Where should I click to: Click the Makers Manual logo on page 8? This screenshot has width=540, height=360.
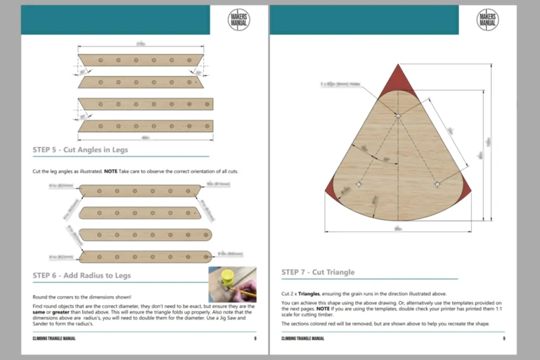[238, 20]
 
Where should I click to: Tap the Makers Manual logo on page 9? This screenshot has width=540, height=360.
[487, 20]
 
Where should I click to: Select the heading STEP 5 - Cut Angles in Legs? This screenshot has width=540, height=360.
[80, 150]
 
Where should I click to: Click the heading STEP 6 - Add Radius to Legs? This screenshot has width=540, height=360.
[82, 275]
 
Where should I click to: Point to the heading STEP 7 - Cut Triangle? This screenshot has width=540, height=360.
[318, 272]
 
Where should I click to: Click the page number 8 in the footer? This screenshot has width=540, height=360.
[255, 338]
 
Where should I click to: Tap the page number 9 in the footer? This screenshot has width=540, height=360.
[503, 338]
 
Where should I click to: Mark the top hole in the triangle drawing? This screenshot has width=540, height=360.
[397, 115]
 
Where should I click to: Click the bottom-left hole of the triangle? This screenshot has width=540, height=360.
[359, 184]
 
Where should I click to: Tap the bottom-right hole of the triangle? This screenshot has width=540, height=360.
[437, 184]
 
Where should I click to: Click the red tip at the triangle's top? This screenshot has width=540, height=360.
[397, 77]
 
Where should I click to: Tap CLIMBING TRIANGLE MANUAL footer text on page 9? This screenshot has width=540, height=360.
[302, 338]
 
